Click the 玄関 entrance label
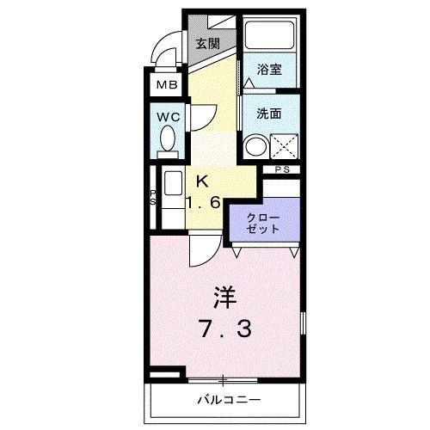(x=206, y=44)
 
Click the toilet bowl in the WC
(x=169, y=139)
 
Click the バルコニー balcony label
(x=228, y=400)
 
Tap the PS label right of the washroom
(x=282, y=169)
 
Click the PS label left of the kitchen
(x=153, y=197)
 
